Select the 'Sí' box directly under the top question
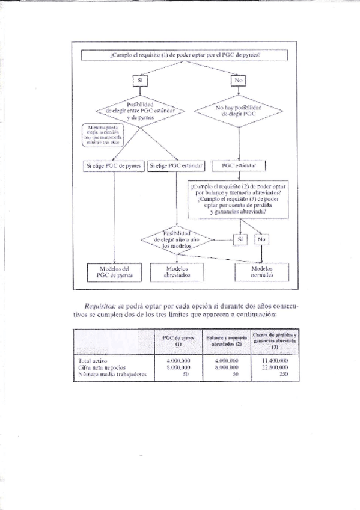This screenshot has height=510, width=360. pyautogui.click(x=140, y=79)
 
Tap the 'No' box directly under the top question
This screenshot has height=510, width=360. pyautogui.click(x=240, y=79)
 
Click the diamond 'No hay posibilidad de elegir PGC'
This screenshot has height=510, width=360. pyautogui.click(x=240, y=109)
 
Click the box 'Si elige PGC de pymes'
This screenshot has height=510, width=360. pyautogui.click(x=114, y=165)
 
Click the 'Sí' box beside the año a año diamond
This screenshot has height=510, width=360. pyautogui.click(x=240, y=239)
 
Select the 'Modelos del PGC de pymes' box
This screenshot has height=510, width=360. pyautogui.click(x=114, y=272)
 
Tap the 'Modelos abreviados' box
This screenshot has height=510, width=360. pyautogui.click(x=177, y=272)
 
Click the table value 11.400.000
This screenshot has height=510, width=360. pyautogui.click(x=275, y=360)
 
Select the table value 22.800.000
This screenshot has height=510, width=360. pyautogui.click(x=275, y=366)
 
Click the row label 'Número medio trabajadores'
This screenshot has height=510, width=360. pyautogui.click(x=112, y=373)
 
